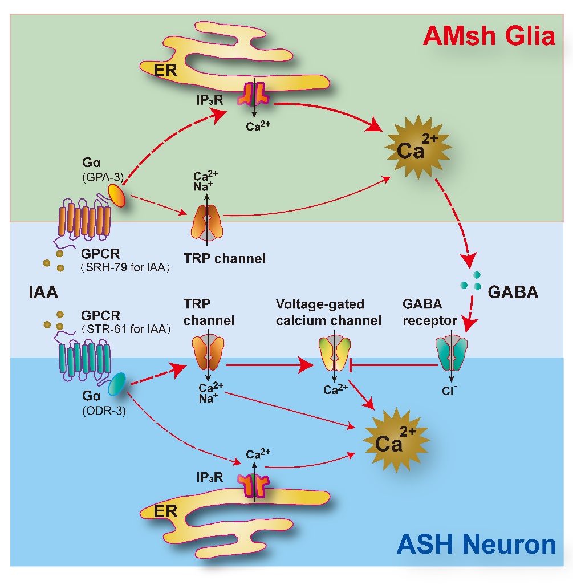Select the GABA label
(x=513, y=293)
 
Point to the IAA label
(x=42, y=293)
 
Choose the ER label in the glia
(x=166, y=70)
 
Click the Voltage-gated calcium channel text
(x=328, y=312)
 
